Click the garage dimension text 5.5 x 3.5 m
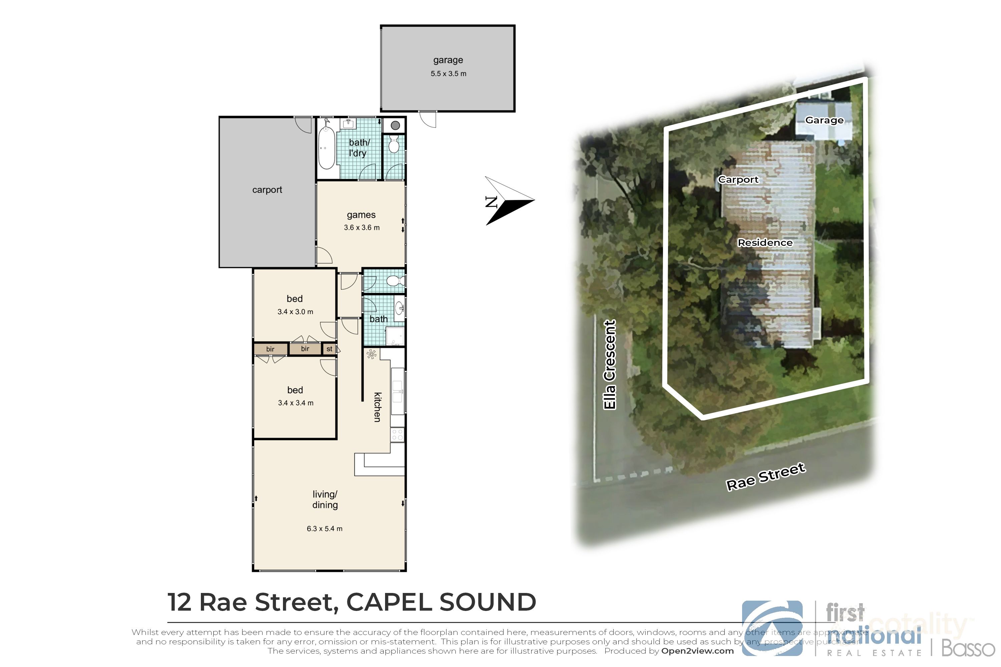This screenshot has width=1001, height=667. point(448,74)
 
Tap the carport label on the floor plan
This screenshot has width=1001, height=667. point(267,190)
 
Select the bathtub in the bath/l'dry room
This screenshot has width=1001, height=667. point(326,149)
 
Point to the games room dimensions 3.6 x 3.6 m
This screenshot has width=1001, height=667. point(362,227)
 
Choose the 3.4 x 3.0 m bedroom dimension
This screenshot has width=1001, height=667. point(295,312)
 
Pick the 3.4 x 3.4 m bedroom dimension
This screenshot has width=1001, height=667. point(295,403)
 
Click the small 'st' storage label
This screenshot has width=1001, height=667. point(329,349)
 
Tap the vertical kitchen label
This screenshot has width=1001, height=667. point(377,407)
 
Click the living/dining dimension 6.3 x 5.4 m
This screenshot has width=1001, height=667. point(324,529)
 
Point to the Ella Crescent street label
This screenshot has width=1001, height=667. point(610,365)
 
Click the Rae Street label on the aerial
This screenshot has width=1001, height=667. point(765,477)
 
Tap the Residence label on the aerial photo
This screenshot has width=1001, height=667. point(765,242)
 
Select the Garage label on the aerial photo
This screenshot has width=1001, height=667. point(824,120)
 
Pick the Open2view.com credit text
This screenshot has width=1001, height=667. point(697,651)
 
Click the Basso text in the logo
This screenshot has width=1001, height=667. point(968,648)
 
